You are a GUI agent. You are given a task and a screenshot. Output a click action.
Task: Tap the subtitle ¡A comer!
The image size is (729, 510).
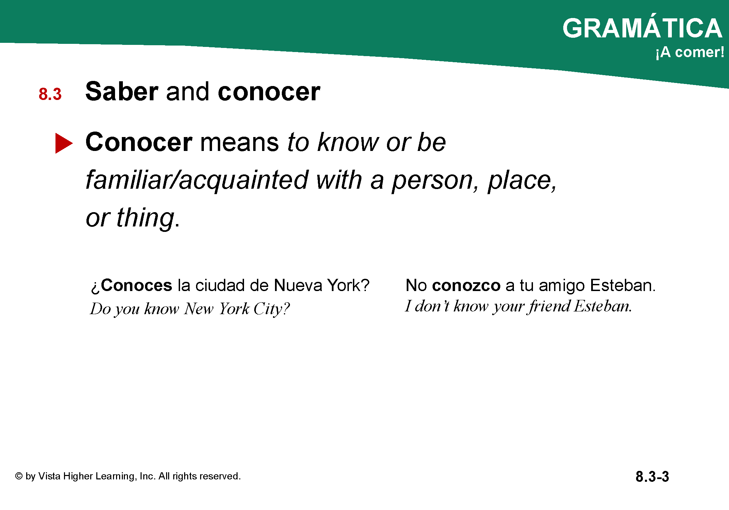coord(690,52)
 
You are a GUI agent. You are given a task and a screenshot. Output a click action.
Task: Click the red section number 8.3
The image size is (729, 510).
coord(50,94)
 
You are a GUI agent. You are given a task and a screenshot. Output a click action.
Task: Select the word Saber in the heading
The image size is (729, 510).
coord(122,91)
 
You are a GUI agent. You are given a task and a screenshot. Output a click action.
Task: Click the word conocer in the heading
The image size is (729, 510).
coord(269,92)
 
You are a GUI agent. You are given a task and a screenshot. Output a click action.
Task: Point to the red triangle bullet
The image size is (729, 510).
coord(64,143)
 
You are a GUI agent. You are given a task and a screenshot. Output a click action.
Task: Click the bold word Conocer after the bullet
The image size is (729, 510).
coord(139,142)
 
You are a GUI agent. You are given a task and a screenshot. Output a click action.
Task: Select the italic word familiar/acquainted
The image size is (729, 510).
coord(197,180)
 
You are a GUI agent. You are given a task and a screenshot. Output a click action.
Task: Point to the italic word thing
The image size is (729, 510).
coord(146,218)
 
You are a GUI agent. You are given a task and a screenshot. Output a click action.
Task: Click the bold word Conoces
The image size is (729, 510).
coord(136,285)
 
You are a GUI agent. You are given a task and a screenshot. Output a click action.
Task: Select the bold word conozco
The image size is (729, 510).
coord(466,286)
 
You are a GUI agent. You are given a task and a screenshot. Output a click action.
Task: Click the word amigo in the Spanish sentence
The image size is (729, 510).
coord(562,286)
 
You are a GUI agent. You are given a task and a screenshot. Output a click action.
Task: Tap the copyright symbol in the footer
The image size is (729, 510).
coord(19,476)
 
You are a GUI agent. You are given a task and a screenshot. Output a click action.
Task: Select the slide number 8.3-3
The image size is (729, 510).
coord(652,477)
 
